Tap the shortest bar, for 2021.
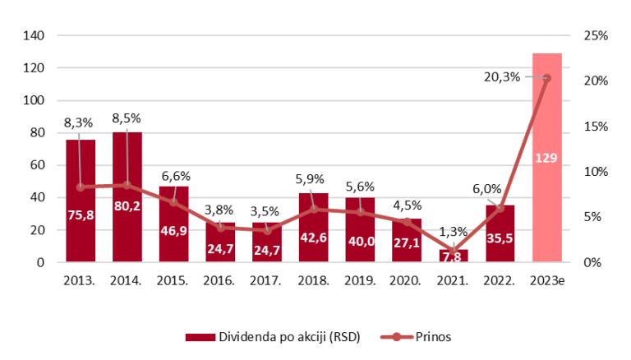coord(454,256)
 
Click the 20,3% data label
coord(501,77)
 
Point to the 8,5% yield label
coord(126,118)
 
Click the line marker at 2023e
coord(547,78)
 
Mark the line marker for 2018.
coord(314,209)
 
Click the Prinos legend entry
coord(426,336)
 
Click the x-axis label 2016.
coord(221,281)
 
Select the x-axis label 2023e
coord(546,281)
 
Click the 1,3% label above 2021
coord(454,231)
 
